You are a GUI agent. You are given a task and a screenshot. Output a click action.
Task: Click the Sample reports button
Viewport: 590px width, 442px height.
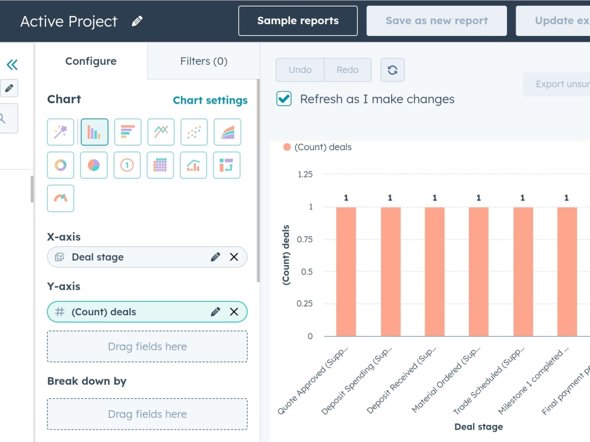point(297,21)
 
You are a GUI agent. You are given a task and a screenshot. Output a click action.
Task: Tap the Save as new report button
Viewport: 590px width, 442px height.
point(437,21)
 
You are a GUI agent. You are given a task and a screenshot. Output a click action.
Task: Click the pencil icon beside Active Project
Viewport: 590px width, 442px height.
point(137,21)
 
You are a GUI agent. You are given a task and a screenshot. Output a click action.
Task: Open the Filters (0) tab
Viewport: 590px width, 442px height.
point(204,61)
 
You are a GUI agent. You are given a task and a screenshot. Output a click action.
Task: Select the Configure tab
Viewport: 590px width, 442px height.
point(91,61)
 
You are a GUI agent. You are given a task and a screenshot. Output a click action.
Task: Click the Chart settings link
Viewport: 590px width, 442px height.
point(210,100)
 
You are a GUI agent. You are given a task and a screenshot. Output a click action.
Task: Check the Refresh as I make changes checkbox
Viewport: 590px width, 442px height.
point(284,99)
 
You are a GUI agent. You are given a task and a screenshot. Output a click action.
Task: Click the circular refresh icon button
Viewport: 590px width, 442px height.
point(392,70)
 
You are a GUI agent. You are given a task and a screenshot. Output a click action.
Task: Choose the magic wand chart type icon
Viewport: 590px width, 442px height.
point(61,132)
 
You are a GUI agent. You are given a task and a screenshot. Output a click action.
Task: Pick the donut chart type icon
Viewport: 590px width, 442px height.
point(61,165)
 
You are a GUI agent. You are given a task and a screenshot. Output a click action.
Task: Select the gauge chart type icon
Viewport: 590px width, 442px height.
point(61,198)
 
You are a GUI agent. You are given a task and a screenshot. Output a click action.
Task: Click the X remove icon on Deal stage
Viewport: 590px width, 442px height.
point(234,257)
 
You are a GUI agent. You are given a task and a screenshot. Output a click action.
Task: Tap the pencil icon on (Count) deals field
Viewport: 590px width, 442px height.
point(215,312)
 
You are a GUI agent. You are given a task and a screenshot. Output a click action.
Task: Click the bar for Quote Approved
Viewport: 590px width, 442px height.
point(346,271)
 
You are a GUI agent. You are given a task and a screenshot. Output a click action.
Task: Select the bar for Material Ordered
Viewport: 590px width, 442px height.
point(478,271)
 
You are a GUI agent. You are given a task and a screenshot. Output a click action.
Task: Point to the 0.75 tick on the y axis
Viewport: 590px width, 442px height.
point(305,239)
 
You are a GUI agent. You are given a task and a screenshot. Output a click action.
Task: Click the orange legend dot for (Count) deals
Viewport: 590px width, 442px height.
point(287,147)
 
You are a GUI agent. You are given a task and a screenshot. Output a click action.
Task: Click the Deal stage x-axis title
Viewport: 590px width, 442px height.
point(478,427)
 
